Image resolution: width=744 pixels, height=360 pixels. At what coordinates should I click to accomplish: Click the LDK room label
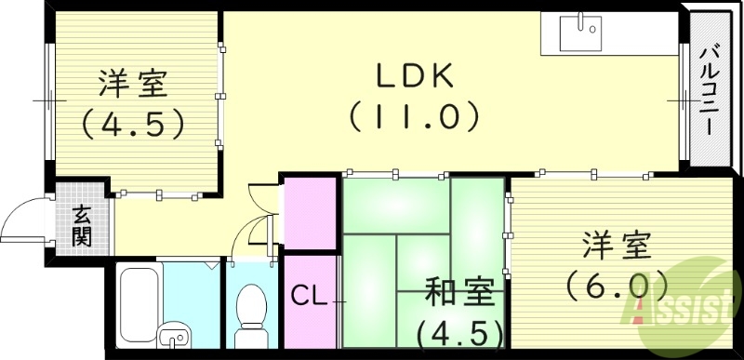tap(414, 75)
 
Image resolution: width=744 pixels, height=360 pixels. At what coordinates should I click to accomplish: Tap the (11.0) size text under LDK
tap(414, 117)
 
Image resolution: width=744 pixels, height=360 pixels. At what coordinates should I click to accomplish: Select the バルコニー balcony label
tap(711, 90)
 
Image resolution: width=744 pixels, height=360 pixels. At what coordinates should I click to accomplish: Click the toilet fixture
tap(250, 306)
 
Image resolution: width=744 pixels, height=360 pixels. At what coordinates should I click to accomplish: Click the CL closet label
tap(308, 298)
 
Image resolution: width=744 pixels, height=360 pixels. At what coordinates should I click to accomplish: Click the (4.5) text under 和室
tap(460, 331)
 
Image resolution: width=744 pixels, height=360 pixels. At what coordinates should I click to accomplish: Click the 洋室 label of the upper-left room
tap(133, 83)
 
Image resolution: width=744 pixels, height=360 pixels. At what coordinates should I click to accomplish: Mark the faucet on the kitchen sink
tap(583, 21)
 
